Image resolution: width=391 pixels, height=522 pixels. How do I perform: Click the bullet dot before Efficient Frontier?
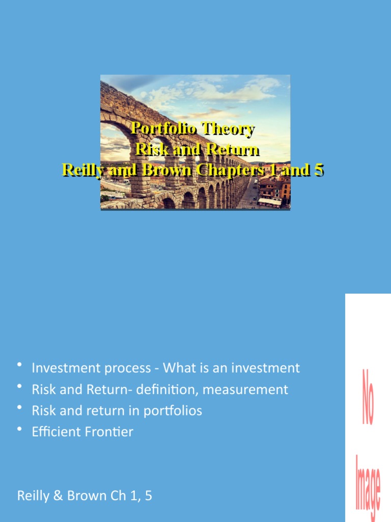click(x=20, y=429)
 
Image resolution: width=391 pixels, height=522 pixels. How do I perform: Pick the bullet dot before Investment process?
click(x=20, y=365)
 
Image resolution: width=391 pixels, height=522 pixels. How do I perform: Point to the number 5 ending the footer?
click(x=148, y=495)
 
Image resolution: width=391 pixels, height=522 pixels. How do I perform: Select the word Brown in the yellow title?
click(x=160, y=170)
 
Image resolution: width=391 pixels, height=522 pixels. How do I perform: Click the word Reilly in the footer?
click(x=33, y=495)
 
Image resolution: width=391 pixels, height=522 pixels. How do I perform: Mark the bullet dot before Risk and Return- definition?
click(x=20, y=387)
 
